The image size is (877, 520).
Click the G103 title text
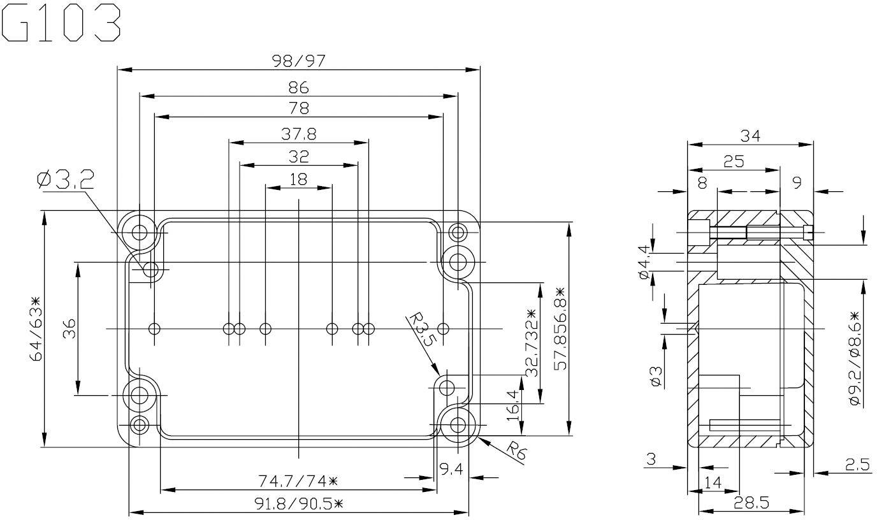click(61, 23)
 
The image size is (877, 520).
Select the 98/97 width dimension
click(299, 61)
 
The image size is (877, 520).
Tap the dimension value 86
click(298, 87)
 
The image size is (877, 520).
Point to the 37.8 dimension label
click(299, 134)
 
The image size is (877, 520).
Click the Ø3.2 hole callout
click(66, 180)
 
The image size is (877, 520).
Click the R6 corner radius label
click(516, 451)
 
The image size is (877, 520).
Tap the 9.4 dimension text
click(451, 469)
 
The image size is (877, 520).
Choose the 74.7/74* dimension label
click(298, 481)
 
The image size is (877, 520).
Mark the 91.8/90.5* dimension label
click(299, 503)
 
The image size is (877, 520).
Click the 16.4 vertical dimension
click(513, 406)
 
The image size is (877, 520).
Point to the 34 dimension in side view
click(750, 136)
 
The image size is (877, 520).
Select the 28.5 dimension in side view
click(751, 502)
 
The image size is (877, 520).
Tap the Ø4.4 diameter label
click(644, 262)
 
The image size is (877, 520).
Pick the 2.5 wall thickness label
click(857, 465)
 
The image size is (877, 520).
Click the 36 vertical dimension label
click(69, 329)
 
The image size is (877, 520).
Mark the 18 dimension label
click(298, 179)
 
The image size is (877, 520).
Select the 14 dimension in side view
click(713, 482)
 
